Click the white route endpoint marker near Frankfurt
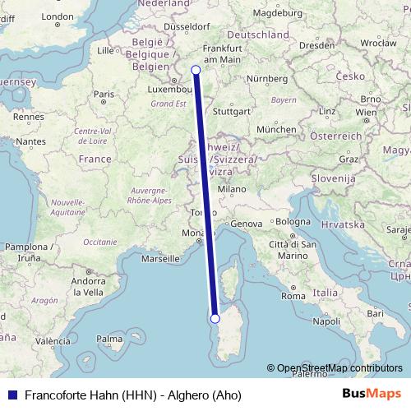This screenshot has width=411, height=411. tap(196, 70)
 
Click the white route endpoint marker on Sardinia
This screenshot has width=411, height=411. tap(215, 318)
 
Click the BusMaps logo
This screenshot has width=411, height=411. tap(372, 394)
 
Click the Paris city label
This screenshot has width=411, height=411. tap(103, 95)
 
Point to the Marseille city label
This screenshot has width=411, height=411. tap(160, 258)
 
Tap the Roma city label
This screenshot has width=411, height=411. tap(293, 296)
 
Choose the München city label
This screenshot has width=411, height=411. tap(275, 130)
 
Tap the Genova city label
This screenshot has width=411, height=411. tap(246, 224)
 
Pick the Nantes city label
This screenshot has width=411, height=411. tap(30, 141)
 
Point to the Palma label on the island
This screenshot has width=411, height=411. tap(109, 339)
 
